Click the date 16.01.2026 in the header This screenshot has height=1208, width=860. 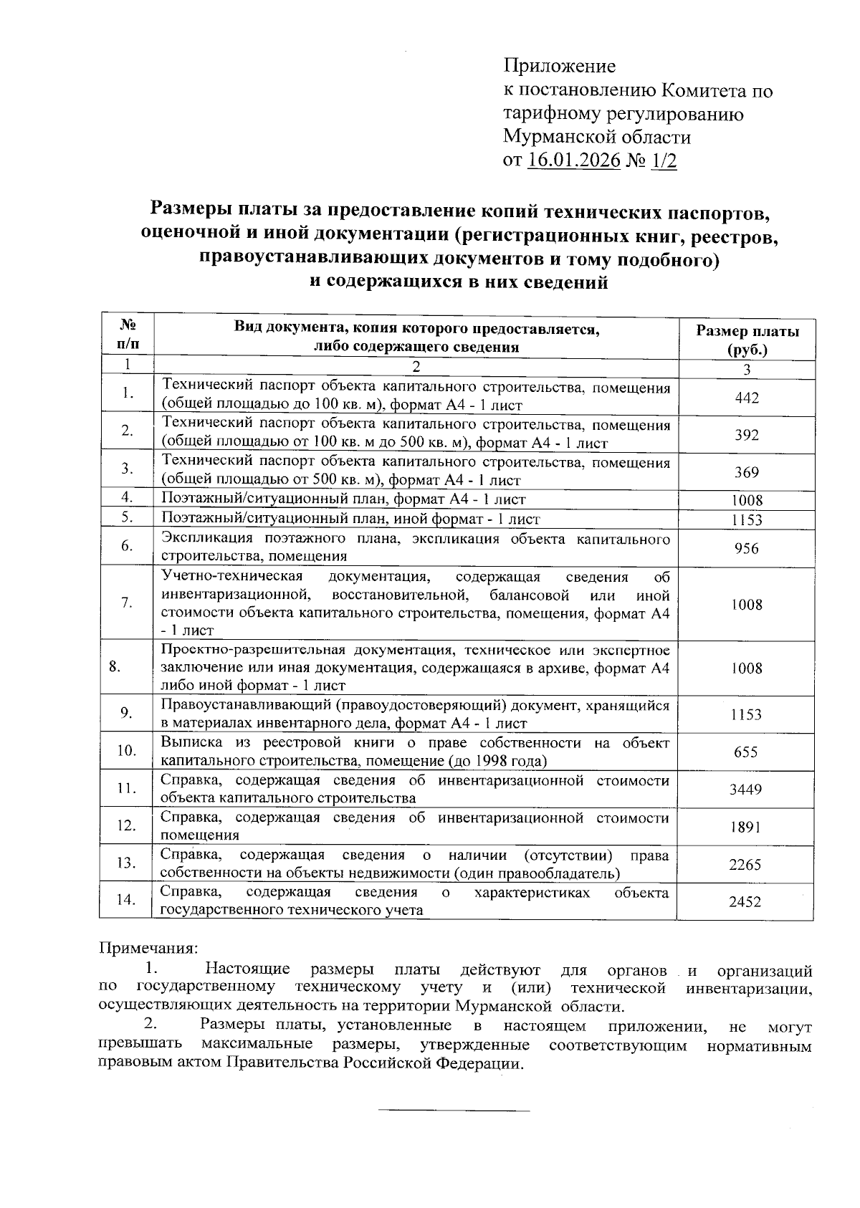(x=573, y=160)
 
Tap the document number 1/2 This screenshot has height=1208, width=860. (x=664, y=160)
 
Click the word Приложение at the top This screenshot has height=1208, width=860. (x=559, y=67)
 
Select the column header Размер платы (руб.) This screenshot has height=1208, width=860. (x=747, y=340)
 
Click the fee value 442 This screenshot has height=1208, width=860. (x=747, y=398)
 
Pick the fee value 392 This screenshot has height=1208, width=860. (x=747, y=435)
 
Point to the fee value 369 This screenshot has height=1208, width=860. (x=747, y=472)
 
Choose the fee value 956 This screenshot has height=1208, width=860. (x=747, y=548)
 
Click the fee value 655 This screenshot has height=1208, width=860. (x=747, y=752)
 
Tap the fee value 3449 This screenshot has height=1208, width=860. (x=747, y=789)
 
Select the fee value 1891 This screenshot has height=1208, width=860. (x=747, y=826)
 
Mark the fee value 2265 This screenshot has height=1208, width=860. (x=747, y=864)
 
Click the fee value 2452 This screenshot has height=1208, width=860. (x=747, y=901)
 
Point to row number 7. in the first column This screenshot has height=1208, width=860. (x=127, y=603)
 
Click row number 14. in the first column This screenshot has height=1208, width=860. (x=127, y=900)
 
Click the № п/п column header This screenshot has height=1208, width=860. (x=127, y=334)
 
